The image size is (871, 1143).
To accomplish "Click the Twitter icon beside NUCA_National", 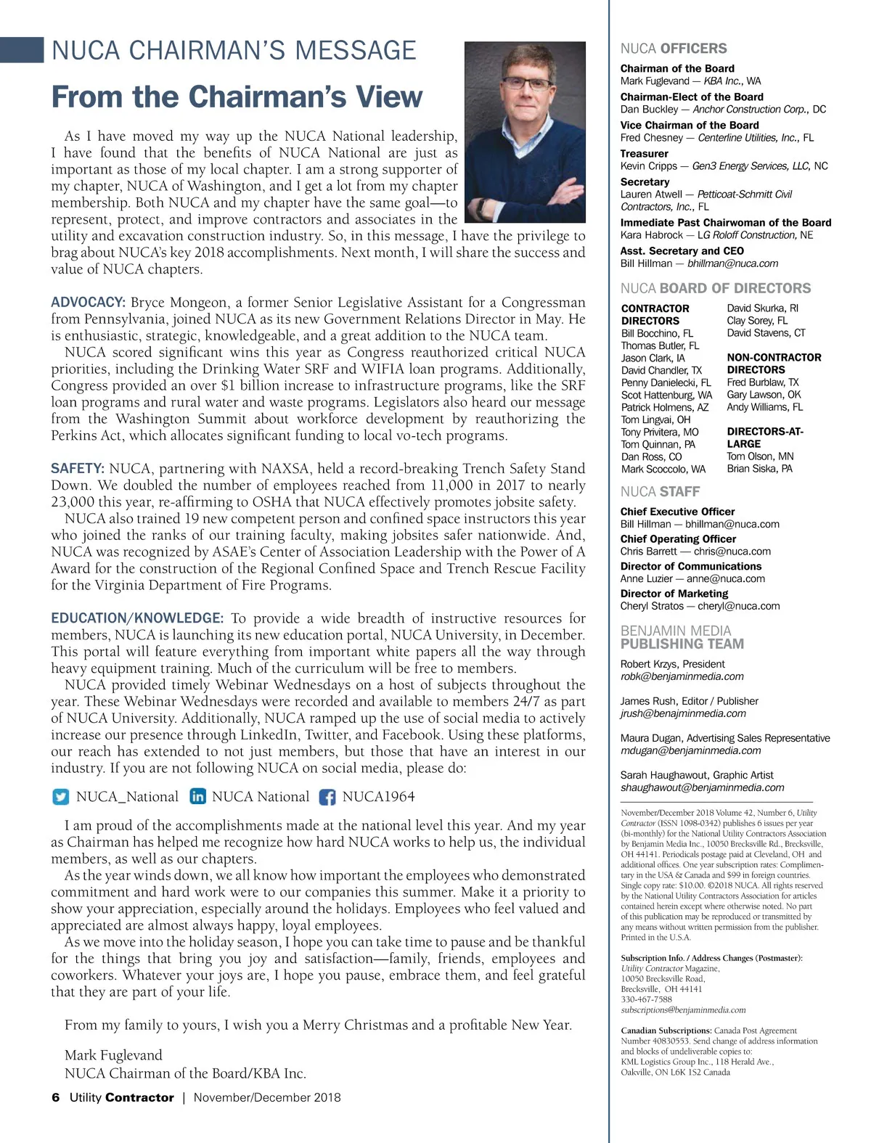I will coord(61,797).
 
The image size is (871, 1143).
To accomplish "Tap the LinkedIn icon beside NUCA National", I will coord(197,797).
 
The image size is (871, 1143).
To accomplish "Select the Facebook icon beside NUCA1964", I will coord(327,797).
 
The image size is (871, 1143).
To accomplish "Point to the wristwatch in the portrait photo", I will coord(481,208).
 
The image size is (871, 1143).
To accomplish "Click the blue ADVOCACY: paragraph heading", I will coord(89,303).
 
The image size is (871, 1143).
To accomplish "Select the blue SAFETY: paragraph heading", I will coord(78,469).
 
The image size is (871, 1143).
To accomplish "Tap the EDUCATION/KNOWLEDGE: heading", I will coord(137,618).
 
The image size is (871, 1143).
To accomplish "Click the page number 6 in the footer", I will coord(56,1097).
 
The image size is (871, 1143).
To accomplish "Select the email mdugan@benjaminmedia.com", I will coord(690,750).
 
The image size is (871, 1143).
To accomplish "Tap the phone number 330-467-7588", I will coord(647,999).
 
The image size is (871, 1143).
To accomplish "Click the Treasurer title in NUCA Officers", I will coord(645,153).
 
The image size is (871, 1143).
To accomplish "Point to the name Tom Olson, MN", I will coord(760,456).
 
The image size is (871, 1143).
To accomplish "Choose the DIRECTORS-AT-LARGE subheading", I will coord(764,438).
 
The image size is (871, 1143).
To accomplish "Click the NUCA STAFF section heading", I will coord(660,491).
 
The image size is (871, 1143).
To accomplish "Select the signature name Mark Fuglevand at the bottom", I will coord(113,1055).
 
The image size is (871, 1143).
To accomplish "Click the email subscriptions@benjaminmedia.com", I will coord(683,1009).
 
